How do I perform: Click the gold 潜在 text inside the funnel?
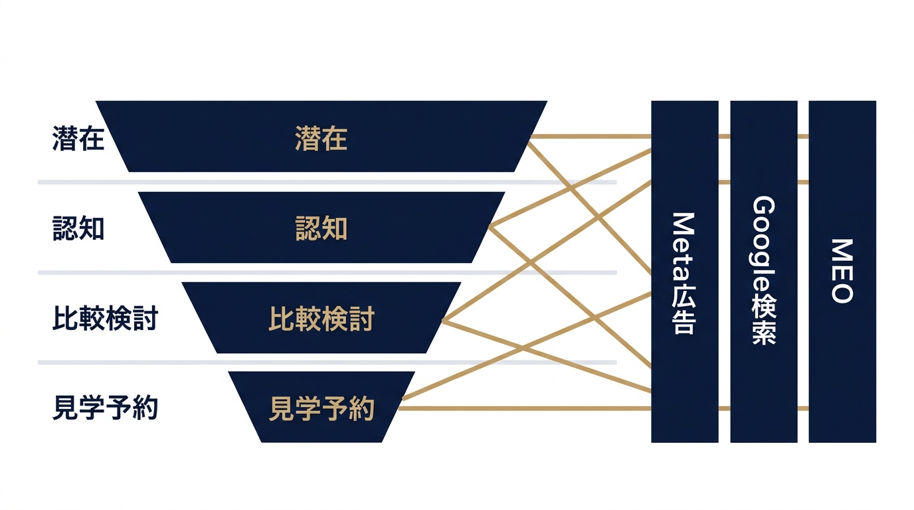click(321, 138)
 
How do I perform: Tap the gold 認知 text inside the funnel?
click(321, 228)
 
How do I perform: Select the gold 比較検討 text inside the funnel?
click(321, 318)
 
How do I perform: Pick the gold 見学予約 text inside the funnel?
click(321, 408)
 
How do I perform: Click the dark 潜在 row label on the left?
click(78, 138)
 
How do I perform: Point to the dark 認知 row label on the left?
click(78, 228)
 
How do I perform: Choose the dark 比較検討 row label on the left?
click(105, 318)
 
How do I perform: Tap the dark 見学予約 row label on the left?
click(105, 408)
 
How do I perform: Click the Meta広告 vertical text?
click(684, 273)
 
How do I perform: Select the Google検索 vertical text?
click(763, 270)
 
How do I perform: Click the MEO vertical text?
click(842, 271)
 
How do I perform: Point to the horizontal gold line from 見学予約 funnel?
click(525, 408)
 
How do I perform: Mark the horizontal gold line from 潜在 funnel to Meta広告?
click(591, 136)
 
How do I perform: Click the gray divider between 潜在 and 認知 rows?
click(327, 182)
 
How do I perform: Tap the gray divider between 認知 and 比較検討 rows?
click(327, 272)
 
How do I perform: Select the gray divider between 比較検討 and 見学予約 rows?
click(327, 363)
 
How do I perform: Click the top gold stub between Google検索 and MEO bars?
click(803, 136)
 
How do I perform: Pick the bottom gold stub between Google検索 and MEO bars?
click(803, 408)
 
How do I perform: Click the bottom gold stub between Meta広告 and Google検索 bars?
click(724, 408)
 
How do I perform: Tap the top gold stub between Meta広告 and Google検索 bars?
click(724, 136)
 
